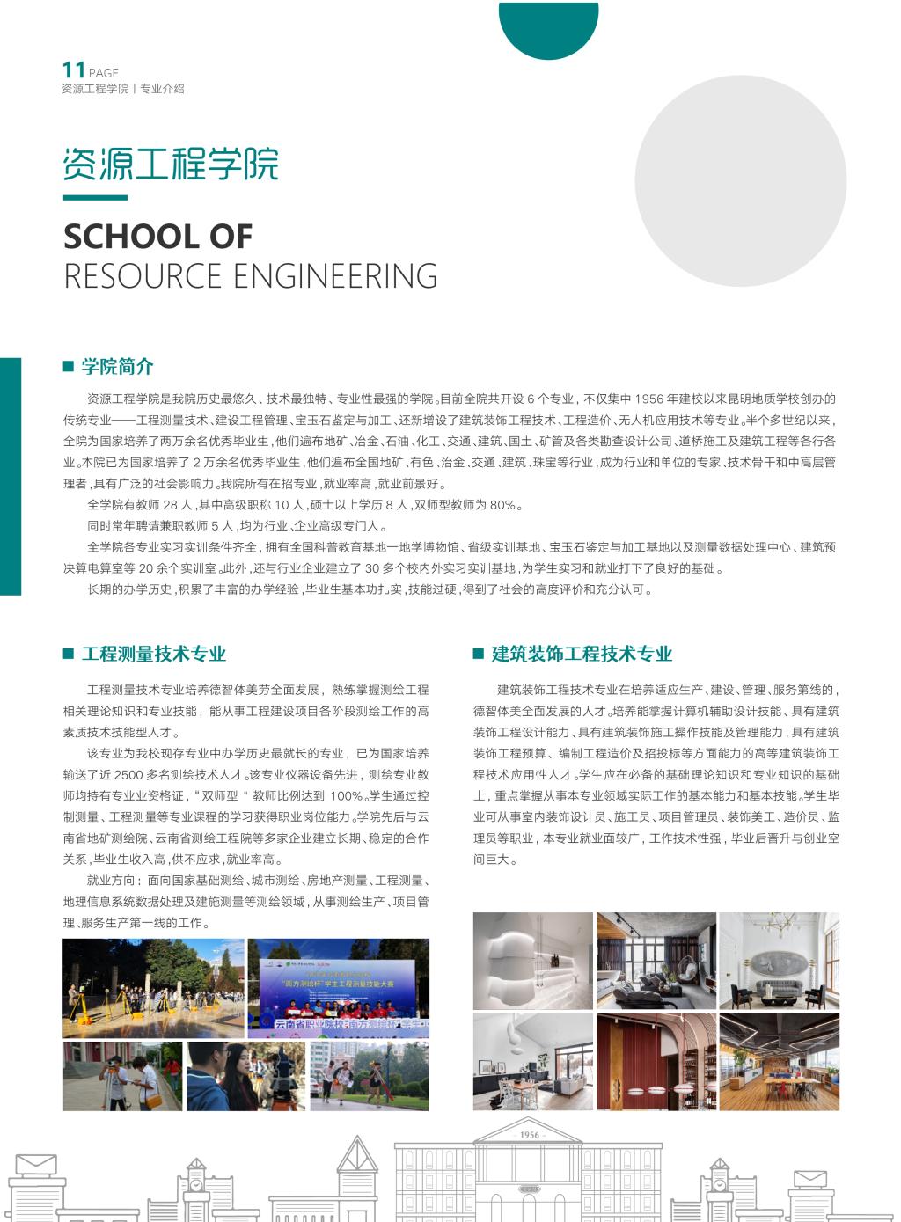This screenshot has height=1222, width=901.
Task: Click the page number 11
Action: coord(73,70)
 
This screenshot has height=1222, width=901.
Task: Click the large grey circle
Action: coord(740,181)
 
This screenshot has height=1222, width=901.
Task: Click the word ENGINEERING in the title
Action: coord(341,276)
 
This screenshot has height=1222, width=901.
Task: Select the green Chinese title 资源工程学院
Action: coord(171,164)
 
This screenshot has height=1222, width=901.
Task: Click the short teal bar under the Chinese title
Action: coord(95,198)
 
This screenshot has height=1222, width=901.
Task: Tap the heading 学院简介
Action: coord(117,367)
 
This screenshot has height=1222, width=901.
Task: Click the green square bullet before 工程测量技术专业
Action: coord(68,654)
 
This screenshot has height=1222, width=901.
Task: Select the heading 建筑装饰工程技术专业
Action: coord(582,654)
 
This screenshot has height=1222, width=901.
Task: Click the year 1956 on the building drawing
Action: coord(529,1135)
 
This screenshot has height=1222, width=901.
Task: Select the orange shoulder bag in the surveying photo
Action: coord(153,1100)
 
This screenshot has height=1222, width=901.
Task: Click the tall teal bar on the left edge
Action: coord(10,476)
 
